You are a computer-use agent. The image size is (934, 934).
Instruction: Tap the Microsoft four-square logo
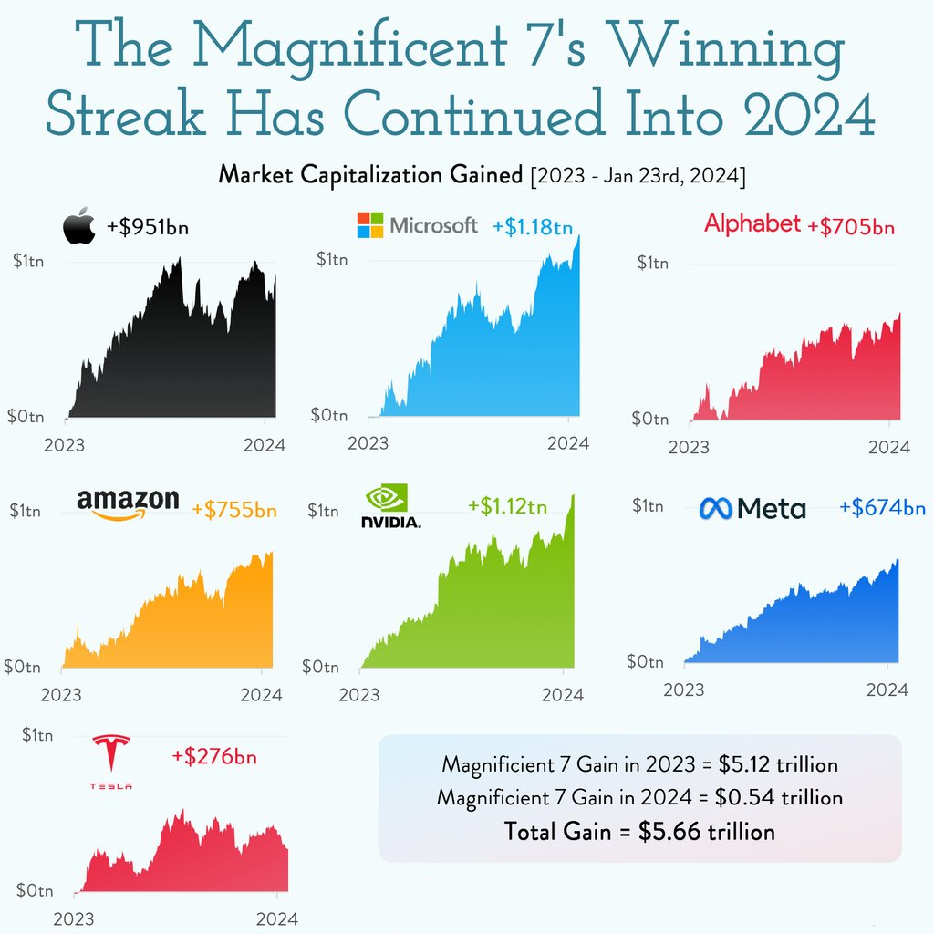tap(370, 225)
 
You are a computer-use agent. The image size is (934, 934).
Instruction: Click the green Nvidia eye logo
tap(386, 498)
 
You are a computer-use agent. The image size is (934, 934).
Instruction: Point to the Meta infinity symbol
tap(716, 508)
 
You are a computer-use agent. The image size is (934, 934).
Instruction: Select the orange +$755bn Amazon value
tap(234, 510)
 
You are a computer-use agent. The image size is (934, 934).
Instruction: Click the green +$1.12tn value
tap(507, 506)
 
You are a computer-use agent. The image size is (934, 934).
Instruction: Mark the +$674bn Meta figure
tap(881, 507)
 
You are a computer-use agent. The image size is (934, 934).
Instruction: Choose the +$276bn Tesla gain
tap(213, 755)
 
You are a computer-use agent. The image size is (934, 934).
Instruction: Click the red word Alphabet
tap(752, 224)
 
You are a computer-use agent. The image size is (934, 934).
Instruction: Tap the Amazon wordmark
tap(128, 502)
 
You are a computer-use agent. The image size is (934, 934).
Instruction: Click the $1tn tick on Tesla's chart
tap(36, 734)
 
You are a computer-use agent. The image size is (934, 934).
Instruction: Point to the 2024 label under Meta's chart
tap(887, 690)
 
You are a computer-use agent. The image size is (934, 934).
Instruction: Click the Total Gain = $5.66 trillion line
tap(639, 831)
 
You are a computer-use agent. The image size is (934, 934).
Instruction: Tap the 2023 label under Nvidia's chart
tap(359, 694)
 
